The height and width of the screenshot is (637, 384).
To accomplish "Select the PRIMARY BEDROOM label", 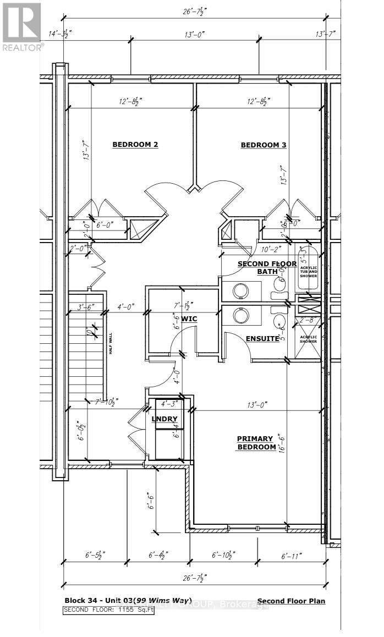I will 255,443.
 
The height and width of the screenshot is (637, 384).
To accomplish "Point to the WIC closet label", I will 189,319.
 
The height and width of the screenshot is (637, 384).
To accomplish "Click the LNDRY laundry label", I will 164,419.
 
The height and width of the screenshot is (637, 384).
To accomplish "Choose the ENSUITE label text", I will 262,339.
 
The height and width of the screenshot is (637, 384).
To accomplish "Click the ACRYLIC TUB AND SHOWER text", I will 308,272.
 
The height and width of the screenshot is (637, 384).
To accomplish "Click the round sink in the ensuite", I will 240,315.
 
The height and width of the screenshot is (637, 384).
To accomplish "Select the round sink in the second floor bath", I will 240,289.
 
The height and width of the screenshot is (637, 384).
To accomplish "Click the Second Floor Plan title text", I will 290,601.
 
